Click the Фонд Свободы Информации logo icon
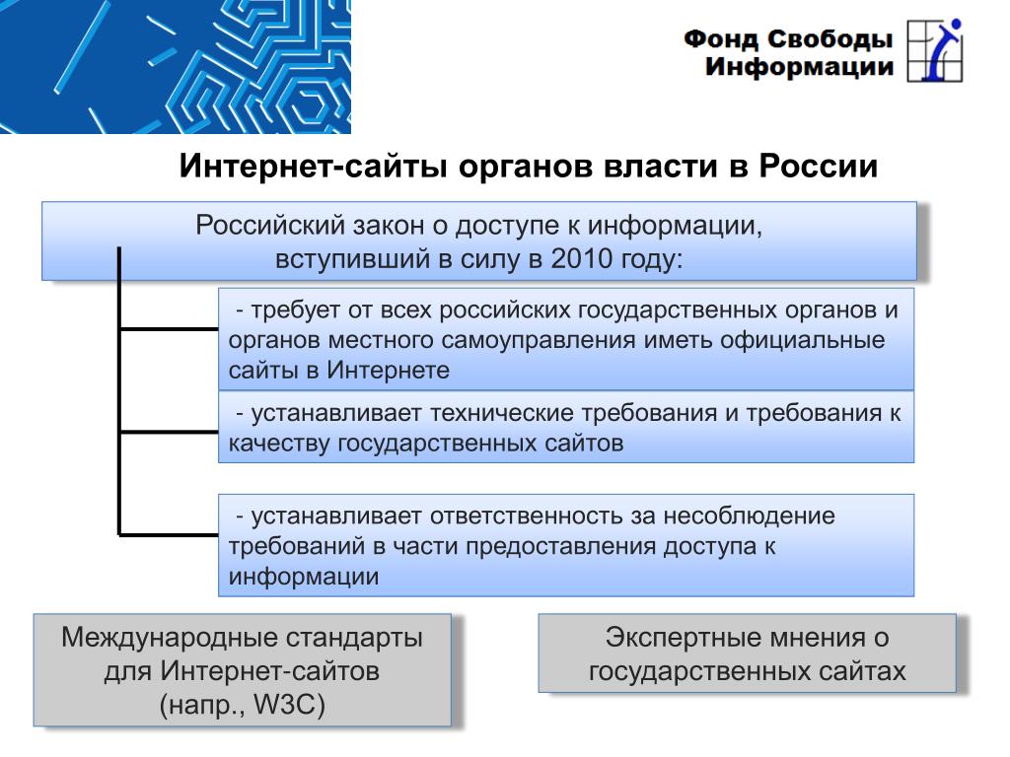coord(935,50)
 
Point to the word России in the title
coord(818,166)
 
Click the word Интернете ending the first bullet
coord(388,371)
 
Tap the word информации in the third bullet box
coord(304,577)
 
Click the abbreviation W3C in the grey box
coord(289,705)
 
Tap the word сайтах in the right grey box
coord(862,671)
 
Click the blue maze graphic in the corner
coord(176,66)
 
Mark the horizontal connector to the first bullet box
coord(169,329)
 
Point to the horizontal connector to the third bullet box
coord(169,535)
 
